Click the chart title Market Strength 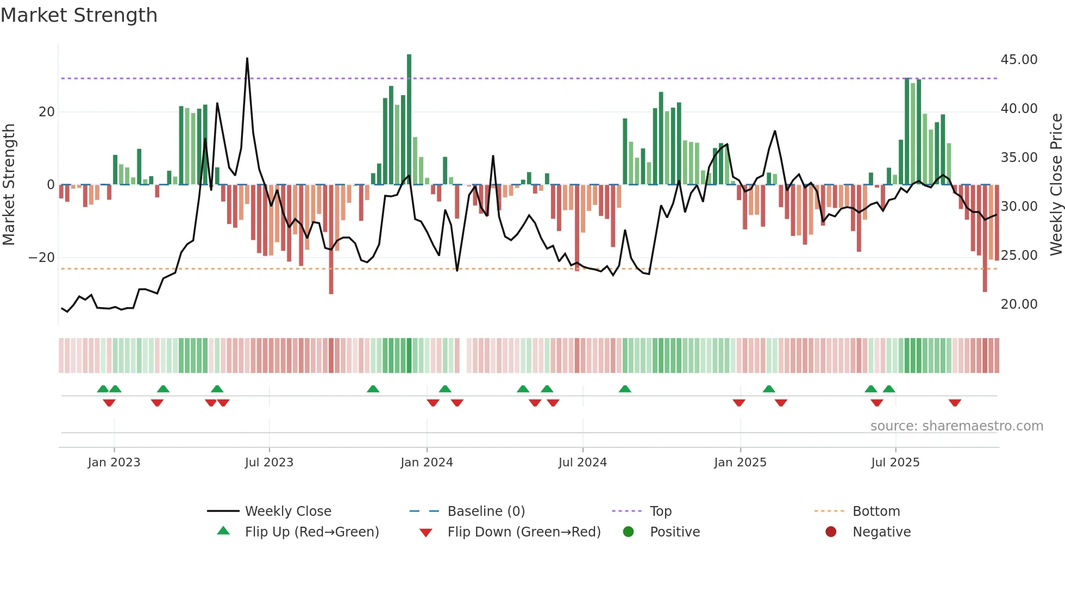pyautogui.click(x=79, y=15)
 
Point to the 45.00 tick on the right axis pyautogui.click(x=1019, y=60)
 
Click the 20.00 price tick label pyautogui.click(x=1019, y=304)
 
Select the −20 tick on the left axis pyautogui.click(x=42, y=258)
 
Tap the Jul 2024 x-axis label pyautogui.click(x=582, y=463)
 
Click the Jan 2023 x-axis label pyautogui.click(x=114, y=463)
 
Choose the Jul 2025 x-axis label pyautogui.click(x=895, y=463)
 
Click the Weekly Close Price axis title pyautogui.click(x=1056, y=185)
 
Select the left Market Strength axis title pyautogui.click(x=9, y=185)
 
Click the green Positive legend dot pyautogui.click(x=629, y=532)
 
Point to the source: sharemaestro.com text pyautogui.click(x=956, y=426)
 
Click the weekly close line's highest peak pyautogui.click(x=247, y=59)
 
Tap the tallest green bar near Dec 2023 pyautogui.click(x=409, y=120)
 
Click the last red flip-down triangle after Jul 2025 pyautogui.click(x=955, y=403)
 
